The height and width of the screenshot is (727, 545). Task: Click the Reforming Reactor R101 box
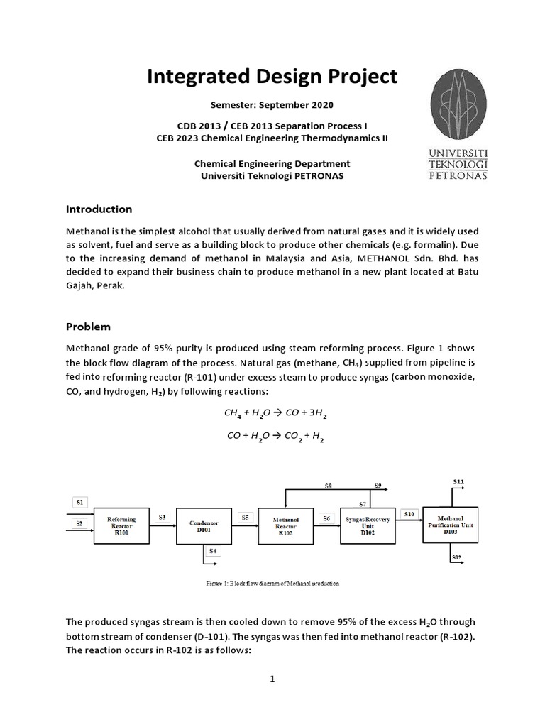coord(122,526)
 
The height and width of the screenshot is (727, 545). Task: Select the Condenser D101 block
coord(203,526)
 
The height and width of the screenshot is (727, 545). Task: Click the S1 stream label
coord(79,502)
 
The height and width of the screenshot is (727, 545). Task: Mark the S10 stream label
coord(409,513)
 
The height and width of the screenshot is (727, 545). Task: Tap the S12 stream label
coord(457,558)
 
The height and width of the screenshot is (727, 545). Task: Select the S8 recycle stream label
coord(328,486)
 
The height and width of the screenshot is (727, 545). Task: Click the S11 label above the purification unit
coord(458,482)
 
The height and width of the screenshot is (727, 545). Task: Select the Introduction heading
coord(99,209)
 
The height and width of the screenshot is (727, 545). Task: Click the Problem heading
coord(88,327)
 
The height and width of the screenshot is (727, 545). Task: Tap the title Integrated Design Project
coord(272,77)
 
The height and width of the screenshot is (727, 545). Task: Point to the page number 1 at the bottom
coord(272,679)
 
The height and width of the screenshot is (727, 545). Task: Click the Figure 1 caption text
coord(272,584)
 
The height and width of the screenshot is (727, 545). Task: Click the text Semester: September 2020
coord(272,104)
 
